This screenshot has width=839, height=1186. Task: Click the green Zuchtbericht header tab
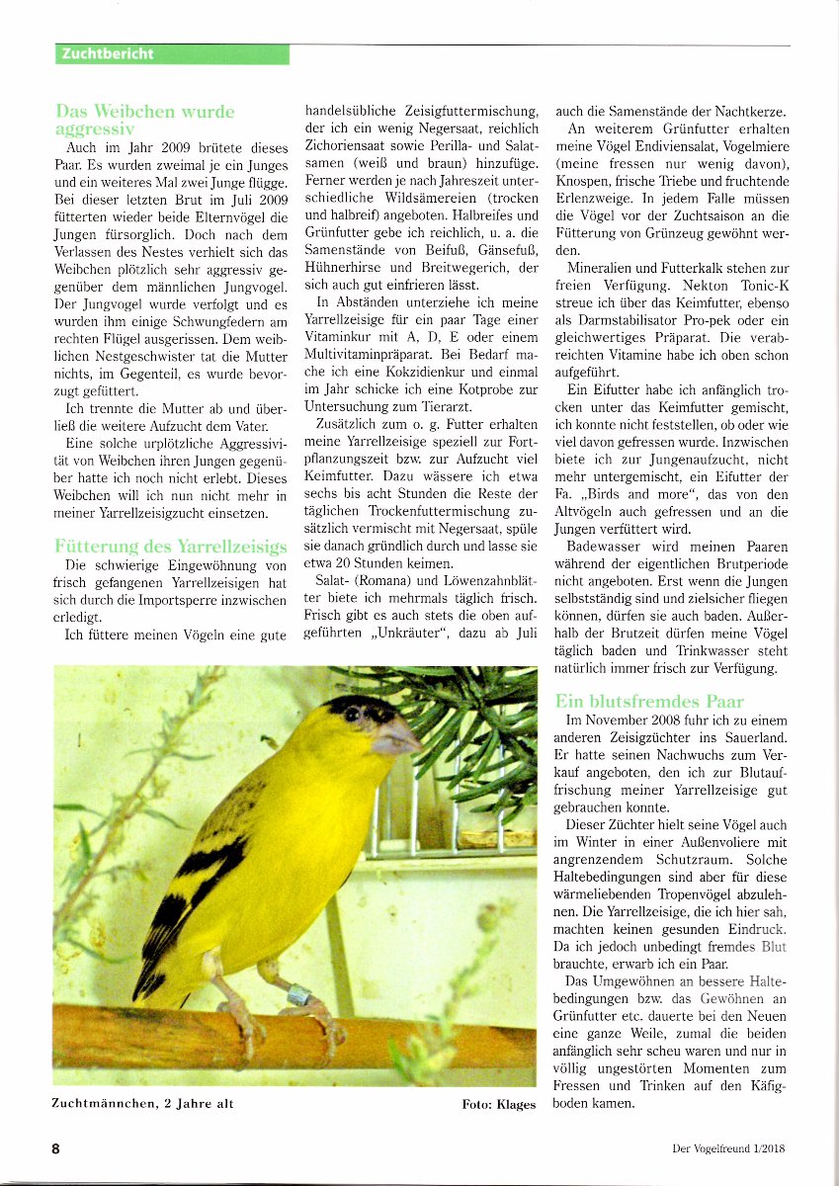click(x=173, y=54)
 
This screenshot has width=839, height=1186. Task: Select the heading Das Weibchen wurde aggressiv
click(x=144, y=120)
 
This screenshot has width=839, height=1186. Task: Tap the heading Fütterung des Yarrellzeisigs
click(x=163, y=546)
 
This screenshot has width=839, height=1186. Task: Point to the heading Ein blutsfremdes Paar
click(x=649, y=701)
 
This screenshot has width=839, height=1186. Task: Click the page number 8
click(x=56, y=1148)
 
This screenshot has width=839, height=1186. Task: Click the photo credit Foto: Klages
click(x=498, y=1104)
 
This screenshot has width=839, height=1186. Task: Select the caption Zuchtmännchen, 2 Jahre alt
click(x=143, y=1104)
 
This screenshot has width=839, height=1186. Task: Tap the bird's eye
click(x=353, y=714)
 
